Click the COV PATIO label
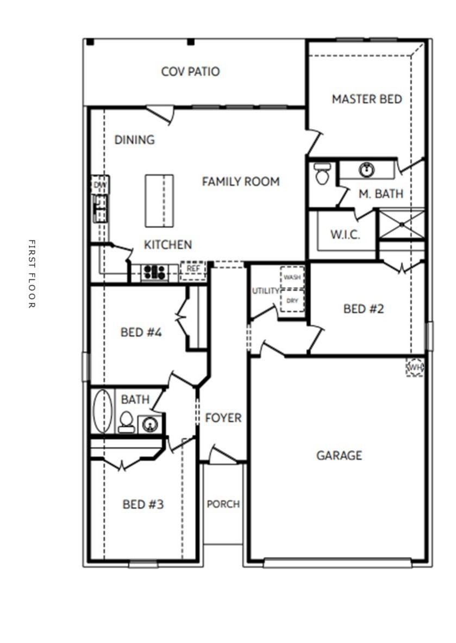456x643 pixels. tap(190, 72)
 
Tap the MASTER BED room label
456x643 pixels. tap(367, 99)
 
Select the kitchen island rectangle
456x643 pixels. tap(159, 201)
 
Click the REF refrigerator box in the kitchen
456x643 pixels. tap(193, 270)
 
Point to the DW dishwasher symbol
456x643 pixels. tap(99, 185)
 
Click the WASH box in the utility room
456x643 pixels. tap(292, 278)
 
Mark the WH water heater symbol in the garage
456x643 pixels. tap(415, 368)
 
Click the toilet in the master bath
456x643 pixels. tap(322, 173)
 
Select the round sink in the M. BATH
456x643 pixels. tap(367, 170)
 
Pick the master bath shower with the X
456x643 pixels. tap(401, 223)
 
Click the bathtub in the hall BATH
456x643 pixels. tap(102, 411)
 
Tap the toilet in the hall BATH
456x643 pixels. tap(126, 422)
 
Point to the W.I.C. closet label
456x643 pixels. tap(345, 235)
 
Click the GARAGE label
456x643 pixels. tap(339, 455)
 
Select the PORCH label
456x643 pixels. tap(223, 504)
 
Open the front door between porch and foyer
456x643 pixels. tap(223, 457)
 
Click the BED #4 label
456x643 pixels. tap(141, 332)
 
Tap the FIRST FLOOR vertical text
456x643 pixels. tap(31, 274)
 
